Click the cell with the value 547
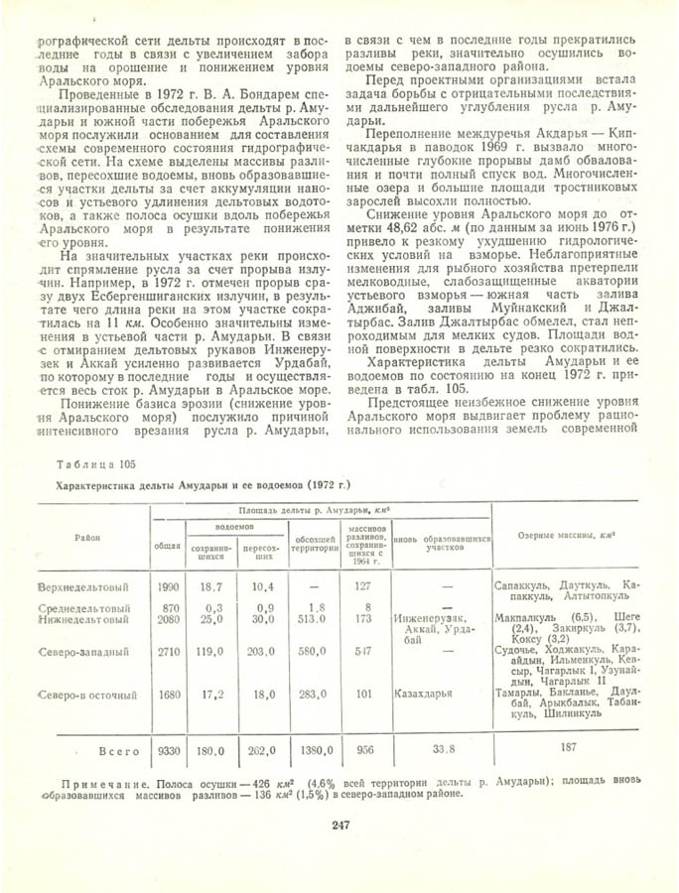[x=363, y=653]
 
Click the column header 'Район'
[x=84, y=537]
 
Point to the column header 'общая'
[x=167, y=545]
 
